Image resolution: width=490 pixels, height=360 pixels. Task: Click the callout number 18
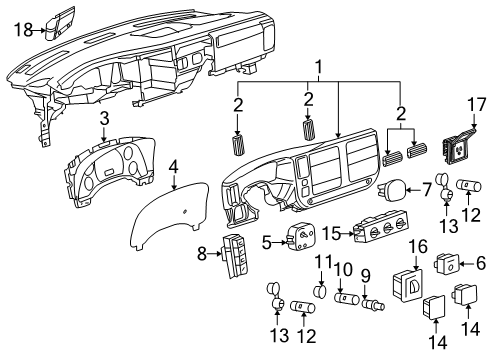click(23, 30)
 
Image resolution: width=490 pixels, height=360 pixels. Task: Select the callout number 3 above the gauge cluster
click(105, 119)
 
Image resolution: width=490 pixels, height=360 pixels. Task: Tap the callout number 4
click(174, 167)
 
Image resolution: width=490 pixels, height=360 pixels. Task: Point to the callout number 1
click(319, 67)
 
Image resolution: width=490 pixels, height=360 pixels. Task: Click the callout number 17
click(476, 104)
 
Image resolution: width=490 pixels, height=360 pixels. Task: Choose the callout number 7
click(426, 190)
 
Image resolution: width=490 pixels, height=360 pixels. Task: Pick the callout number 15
click(332, 233)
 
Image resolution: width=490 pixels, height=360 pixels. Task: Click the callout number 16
click(418, 247)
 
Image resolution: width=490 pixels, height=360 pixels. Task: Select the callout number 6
click(480, 264)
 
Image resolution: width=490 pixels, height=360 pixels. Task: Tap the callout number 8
click(202, 254)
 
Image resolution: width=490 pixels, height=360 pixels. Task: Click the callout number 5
click(267, 243)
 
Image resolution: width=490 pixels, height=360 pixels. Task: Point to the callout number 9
click(366, 276)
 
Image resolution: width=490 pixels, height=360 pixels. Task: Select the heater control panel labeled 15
click(380, 228)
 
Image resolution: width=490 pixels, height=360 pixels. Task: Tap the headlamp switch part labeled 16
click(407, 285)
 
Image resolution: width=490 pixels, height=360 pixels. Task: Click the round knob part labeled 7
click(392, 190)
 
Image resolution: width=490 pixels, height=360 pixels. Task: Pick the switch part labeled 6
click(446, 265)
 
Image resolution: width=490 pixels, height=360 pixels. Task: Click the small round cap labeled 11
click(321, 292)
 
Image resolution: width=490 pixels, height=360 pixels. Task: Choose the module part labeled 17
click(458, 147)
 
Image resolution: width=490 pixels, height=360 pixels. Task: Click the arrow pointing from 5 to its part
click(279, 243)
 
